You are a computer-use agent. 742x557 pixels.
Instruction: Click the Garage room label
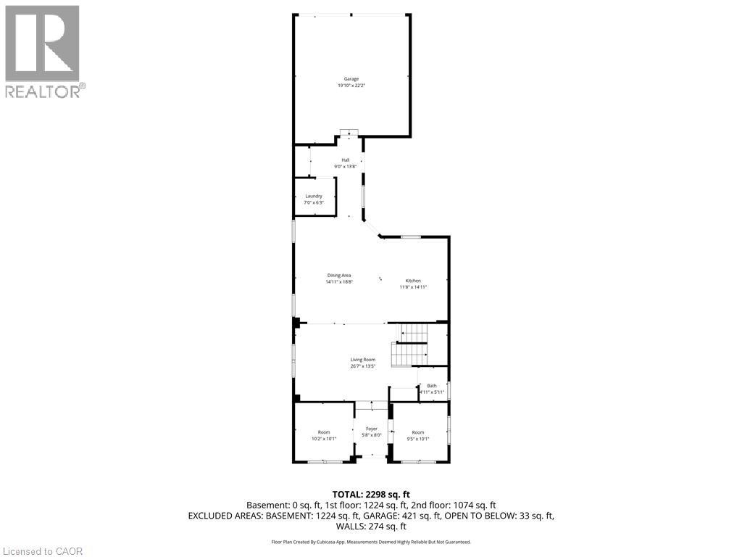pyautogui.click(x=351, y=79)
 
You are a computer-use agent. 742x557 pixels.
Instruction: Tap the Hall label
pyautogui.click(x=346, y=160)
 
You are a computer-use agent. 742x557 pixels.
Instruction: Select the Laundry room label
pyautogui.click(x=313, y=196)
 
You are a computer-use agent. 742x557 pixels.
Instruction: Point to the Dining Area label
pyautogui.click(x=339, y=276)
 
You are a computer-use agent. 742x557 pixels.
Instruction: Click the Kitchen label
pyautogui.click(x=413, y=281)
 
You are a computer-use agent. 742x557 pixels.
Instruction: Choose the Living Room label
pyautogui.click(x=363, y=360)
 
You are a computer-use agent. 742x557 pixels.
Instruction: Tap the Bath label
pyautogui.click(x=432, y=386)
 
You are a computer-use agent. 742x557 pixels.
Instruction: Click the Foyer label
pyautogui.click(x=372, y=429)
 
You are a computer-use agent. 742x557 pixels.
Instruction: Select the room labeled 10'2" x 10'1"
pyautogui.click(x=323, y=435)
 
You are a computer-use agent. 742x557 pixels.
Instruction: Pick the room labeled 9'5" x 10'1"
pyautogui.click(x=418, y=435)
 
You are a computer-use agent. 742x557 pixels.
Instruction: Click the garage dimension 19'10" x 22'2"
pyautogui.click(x=351, y=86)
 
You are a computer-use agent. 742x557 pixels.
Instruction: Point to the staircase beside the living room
pyautogui.click(x=410, y=347)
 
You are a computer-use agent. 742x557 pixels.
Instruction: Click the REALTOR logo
pyautogui.click(x=43, y=51)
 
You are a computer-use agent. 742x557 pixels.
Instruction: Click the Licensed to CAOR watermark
pyautogui.click(x=42, y=551)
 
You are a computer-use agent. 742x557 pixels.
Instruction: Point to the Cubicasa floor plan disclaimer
pyautogui.click(x=371, y=542)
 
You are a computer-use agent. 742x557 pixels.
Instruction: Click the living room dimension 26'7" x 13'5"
pyautogui.click(x=363, y=366)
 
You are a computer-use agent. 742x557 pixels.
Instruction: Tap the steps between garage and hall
pyautogui.click(x=349, y=132)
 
